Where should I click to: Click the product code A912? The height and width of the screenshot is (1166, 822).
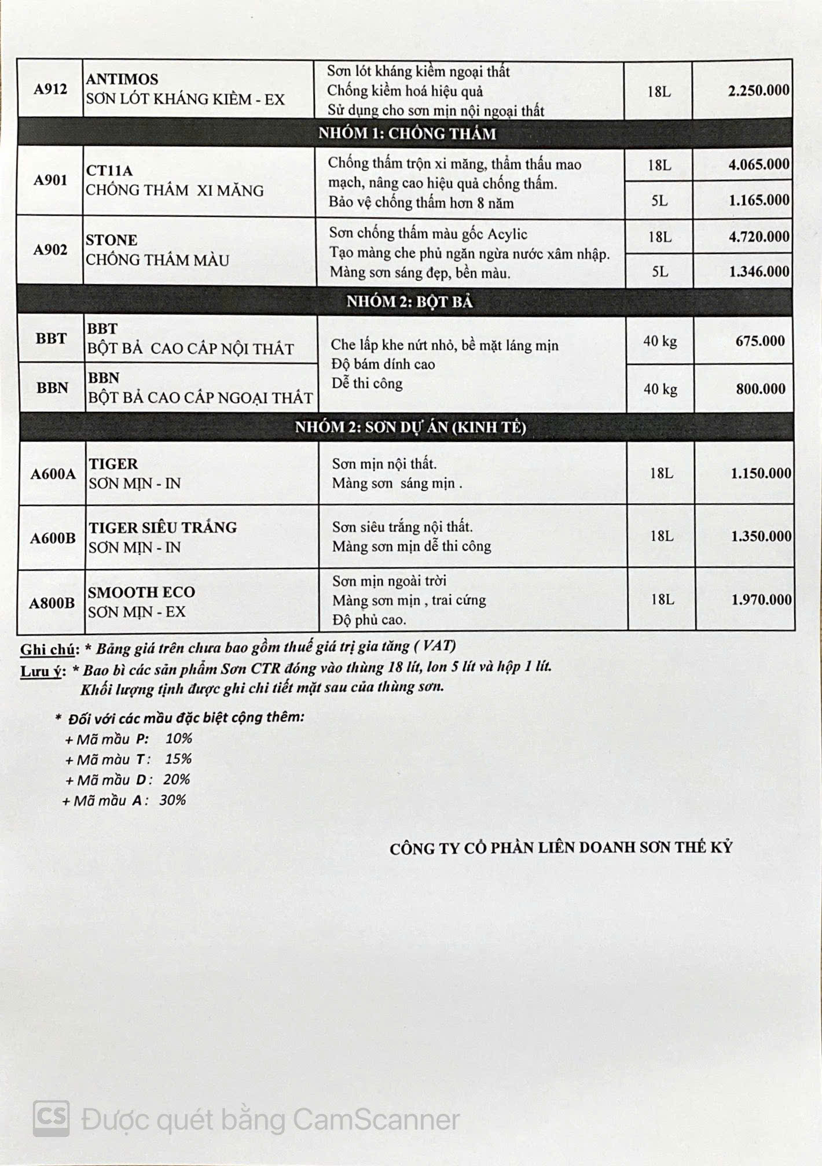(x=50, y=89)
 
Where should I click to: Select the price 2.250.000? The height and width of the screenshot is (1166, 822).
(x=758, y=90)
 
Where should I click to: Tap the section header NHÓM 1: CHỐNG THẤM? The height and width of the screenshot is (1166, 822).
(x=407, y=134)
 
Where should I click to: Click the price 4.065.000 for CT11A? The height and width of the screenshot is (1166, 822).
(x=758, y=164)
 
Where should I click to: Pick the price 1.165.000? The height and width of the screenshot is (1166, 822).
(x=758, y=200)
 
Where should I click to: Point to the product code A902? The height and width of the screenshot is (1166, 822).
(x=50, y=250)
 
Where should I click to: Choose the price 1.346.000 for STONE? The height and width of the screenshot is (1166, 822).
(x=758, y=271)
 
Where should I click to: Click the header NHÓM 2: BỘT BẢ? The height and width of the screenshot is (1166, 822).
(x=409, y=301)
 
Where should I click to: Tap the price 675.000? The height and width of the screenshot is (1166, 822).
(x=760, y=341)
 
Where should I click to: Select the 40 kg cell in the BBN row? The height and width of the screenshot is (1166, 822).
(x=660, y=389)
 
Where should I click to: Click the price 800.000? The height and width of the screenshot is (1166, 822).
(x=761, y=389)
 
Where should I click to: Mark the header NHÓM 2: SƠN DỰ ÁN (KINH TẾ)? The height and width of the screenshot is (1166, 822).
(x=410, y=427)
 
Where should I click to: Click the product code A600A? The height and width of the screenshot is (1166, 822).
(x=53, y=474)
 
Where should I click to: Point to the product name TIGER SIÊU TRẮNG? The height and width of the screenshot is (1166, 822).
(x=163, y=527)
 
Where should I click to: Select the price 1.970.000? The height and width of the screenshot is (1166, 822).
(x=761, y=600)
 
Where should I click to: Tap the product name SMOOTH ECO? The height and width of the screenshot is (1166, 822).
(x=141, y=592)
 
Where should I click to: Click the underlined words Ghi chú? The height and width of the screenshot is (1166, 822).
(x=48, y=650)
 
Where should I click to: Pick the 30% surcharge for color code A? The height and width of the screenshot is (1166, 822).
(x=173, y=800)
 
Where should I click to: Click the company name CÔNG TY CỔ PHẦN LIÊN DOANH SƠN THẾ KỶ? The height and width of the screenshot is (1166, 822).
(x=560, y=848)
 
